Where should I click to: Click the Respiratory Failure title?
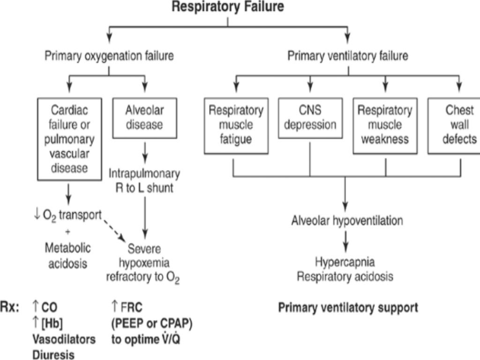coord(227,7)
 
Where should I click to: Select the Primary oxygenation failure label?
coord(109,56)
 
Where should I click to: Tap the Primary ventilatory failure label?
coord(347,56)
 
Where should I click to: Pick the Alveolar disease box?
coord(144,118)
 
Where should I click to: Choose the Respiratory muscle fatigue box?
coord(236,125)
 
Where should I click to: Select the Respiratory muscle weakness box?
coord(385,125)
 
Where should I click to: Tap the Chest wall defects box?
coord(455,125)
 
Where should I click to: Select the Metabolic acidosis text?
coord(68,255)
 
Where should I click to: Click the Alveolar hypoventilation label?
coord(346,220)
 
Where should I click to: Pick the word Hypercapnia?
coord(345,262)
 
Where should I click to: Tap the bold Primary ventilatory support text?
coord(348,308)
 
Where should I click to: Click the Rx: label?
coord(13,308)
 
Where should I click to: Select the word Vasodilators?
coord(63,339)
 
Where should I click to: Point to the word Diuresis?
coord(53,354)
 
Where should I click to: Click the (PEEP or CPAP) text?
coord(152,323)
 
